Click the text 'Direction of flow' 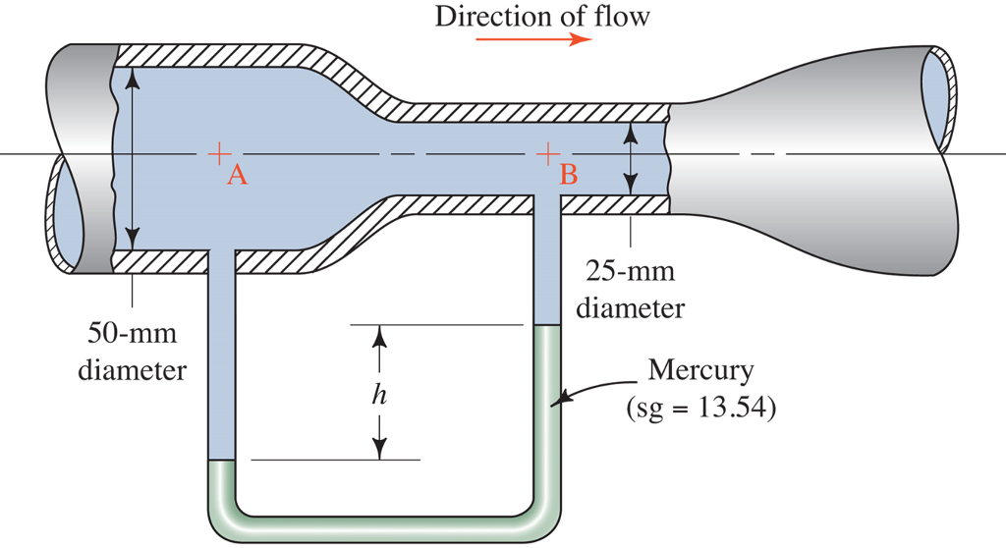pyautogui.click(x=542, y=16)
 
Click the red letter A pyautogui.click(x=236, y=176)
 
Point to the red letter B pyautogui.click(x=569, y=176)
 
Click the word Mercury pyautogui.click(x=701, y=371)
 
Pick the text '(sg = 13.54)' pyautogui.click(x=701, y=405)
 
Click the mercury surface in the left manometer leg pyautogui.click(x=222, y=461)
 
